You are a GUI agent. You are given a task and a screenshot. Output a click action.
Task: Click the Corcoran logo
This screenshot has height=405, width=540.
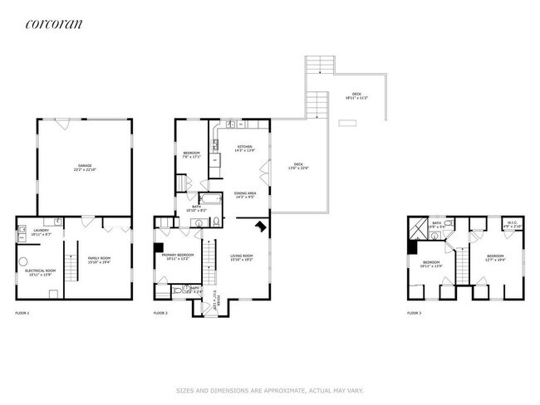tap(54, 24)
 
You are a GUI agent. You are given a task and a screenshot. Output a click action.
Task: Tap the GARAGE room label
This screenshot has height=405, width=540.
tap(84, 168)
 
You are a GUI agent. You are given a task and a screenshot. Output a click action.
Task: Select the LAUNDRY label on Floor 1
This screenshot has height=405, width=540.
tap(41, 233)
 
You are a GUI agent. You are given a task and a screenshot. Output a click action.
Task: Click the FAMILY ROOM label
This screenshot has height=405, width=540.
tap(100, 260)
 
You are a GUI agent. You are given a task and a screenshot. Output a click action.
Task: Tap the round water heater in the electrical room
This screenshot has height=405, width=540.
tap(52, 293)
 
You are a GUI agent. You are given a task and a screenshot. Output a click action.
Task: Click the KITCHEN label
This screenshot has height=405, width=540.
tap(245, 149)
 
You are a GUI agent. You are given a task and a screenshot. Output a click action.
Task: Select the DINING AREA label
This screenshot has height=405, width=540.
tap(245, 195)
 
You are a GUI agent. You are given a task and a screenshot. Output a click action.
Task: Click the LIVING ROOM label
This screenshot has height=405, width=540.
tap(241, 257)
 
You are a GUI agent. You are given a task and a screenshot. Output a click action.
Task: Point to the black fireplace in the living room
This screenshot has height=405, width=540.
tap(260, 227)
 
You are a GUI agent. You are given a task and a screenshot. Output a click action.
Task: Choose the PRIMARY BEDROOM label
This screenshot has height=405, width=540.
tap(178, 256)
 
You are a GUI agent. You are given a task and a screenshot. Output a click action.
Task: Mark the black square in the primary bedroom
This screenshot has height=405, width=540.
tap(158, 246)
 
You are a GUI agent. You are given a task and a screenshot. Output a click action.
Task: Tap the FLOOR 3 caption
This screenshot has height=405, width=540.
tap(414, 313)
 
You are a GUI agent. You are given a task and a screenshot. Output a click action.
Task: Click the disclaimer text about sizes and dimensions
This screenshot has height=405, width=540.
tap(269, 389)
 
